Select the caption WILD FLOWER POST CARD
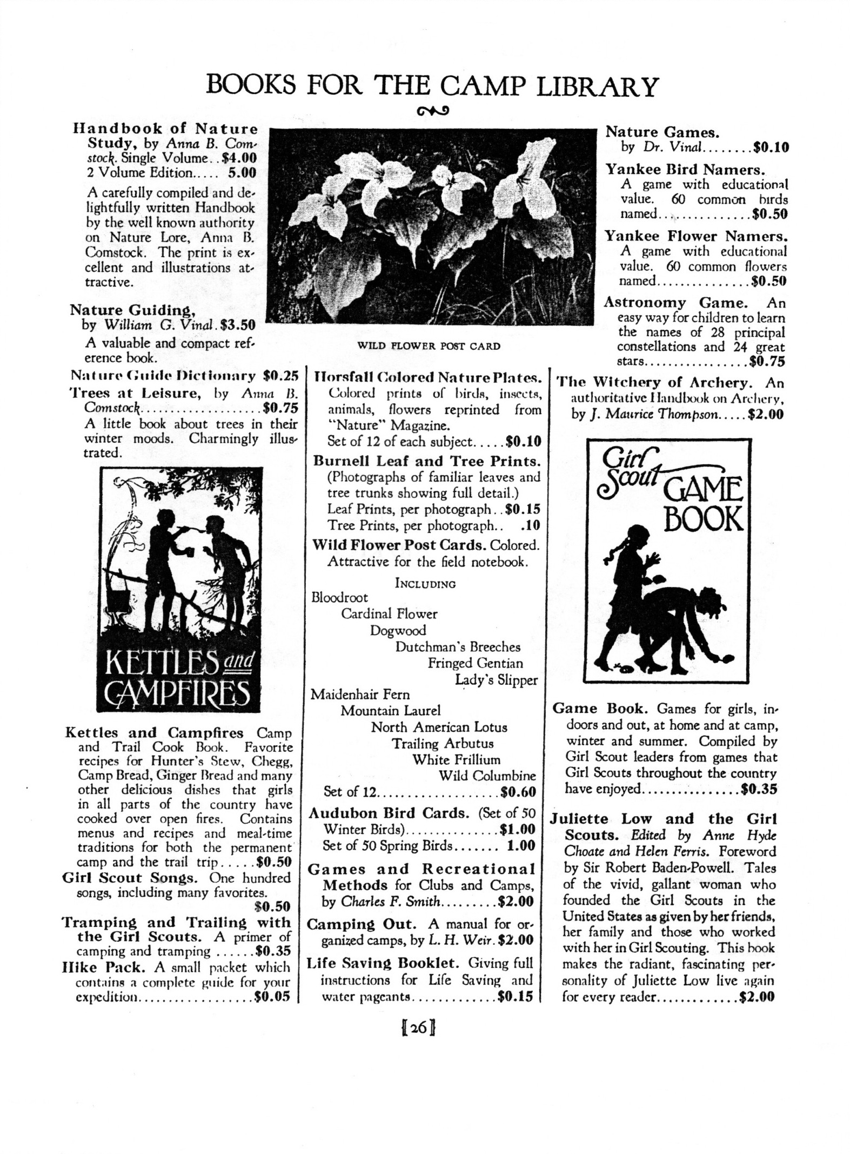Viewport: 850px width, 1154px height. point(430,346)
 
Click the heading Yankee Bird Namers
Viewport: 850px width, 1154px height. point(685,170)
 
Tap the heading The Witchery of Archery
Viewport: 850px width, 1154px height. point(655,383)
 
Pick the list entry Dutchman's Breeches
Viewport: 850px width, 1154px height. point(458,647)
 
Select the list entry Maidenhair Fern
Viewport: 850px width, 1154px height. point(360,695)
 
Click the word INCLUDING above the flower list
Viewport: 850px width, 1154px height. point(425,584)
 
